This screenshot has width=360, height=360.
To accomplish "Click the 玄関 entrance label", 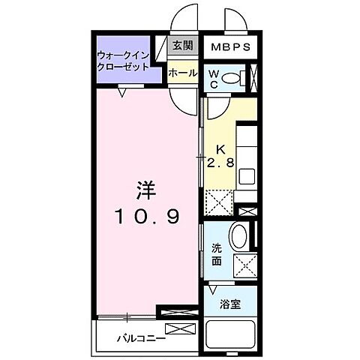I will click(182, 46).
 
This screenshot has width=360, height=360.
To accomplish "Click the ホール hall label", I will click(182, 73).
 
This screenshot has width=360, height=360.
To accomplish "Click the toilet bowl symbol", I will click(234, 77).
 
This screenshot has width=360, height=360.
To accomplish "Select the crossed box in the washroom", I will click(244, 265).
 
